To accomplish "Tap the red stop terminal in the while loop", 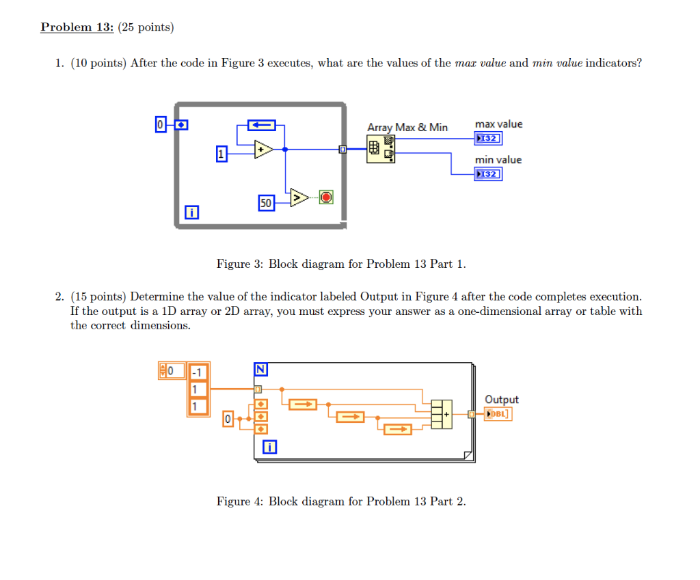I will point(326,197).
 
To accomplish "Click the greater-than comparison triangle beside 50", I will point(298,197).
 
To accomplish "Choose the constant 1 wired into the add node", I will point(221,155).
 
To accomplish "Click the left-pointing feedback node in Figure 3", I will point(260,125).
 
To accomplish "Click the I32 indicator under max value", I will point(488,139).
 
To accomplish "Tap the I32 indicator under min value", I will point(488,174).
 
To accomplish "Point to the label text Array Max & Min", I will point(407,127).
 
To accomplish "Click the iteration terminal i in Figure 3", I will point(193,214).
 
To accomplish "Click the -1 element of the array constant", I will point(197,373).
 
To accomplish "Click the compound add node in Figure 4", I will point(442,414).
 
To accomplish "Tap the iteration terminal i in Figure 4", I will point(271,447).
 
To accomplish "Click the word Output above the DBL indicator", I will point(501,400).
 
